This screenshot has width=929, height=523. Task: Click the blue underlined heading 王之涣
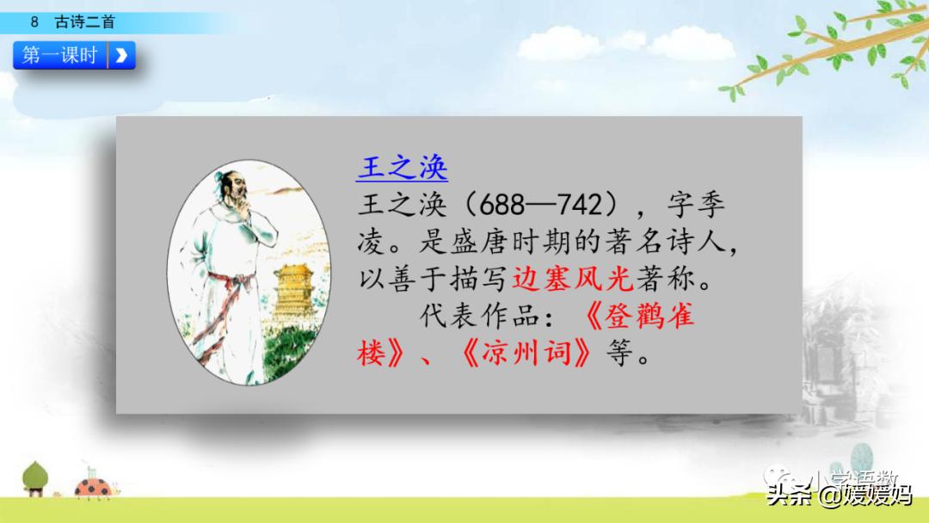click(402, 168)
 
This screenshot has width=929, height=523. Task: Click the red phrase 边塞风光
click(573, 279)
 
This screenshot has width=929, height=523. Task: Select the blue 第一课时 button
click(60, 56)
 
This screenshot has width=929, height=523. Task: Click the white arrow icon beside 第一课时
click(121, 56)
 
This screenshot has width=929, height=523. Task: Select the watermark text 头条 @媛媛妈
click(840, 495)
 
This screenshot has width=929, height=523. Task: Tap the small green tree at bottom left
click(36, 477)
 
